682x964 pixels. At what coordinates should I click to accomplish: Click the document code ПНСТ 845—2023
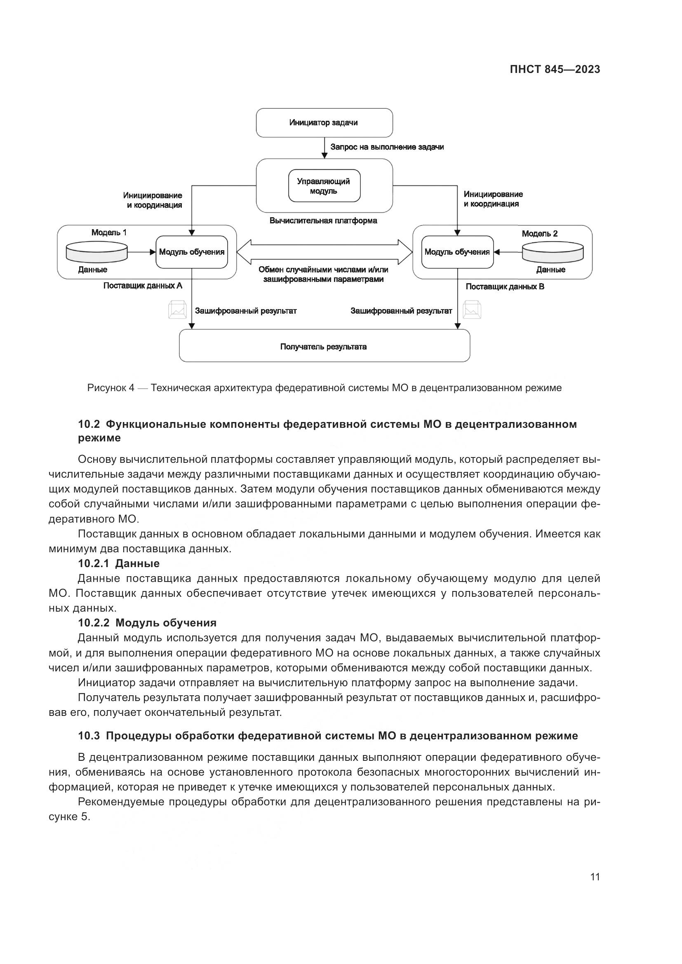555,70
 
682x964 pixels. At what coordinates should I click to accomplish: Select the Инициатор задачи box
324,122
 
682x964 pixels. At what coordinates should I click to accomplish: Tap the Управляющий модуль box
324,186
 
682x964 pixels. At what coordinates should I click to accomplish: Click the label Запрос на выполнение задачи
387,147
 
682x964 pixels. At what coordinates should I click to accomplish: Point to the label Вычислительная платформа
323,221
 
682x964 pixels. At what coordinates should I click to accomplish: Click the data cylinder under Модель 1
96,252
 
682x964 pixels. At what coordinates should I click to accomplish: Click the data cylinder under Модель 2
552,253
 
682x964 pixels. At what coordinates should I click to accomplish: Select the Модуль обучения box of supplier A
191,252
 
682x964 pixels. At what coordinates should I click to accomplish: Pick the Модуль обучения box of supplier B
457,252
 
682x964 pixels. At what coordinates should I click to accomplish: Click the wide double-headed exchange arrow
324,252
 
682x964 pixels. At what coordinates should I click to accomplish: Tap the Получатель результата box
324,347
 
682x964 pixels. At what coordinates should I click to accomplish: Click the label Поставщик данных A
143,286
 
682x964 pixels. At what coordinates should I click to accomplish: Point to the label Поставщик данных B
505,287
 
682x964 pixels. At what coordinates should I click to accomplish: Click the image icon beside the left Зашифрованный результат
177,310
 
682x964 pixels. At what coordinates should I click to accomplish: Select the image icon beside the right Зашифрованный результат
472,310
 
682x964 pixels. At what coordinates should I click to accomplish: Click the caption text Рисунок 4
111,388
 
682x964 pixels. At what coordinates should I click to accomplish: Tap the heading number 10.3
89,736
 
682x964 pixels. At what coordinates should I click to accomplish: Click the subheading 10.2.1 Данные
119,563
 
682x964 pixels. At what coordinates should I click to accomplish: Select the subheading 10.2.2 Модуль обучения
147,623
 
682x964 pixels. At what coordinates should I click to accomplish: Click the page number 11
595,877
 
